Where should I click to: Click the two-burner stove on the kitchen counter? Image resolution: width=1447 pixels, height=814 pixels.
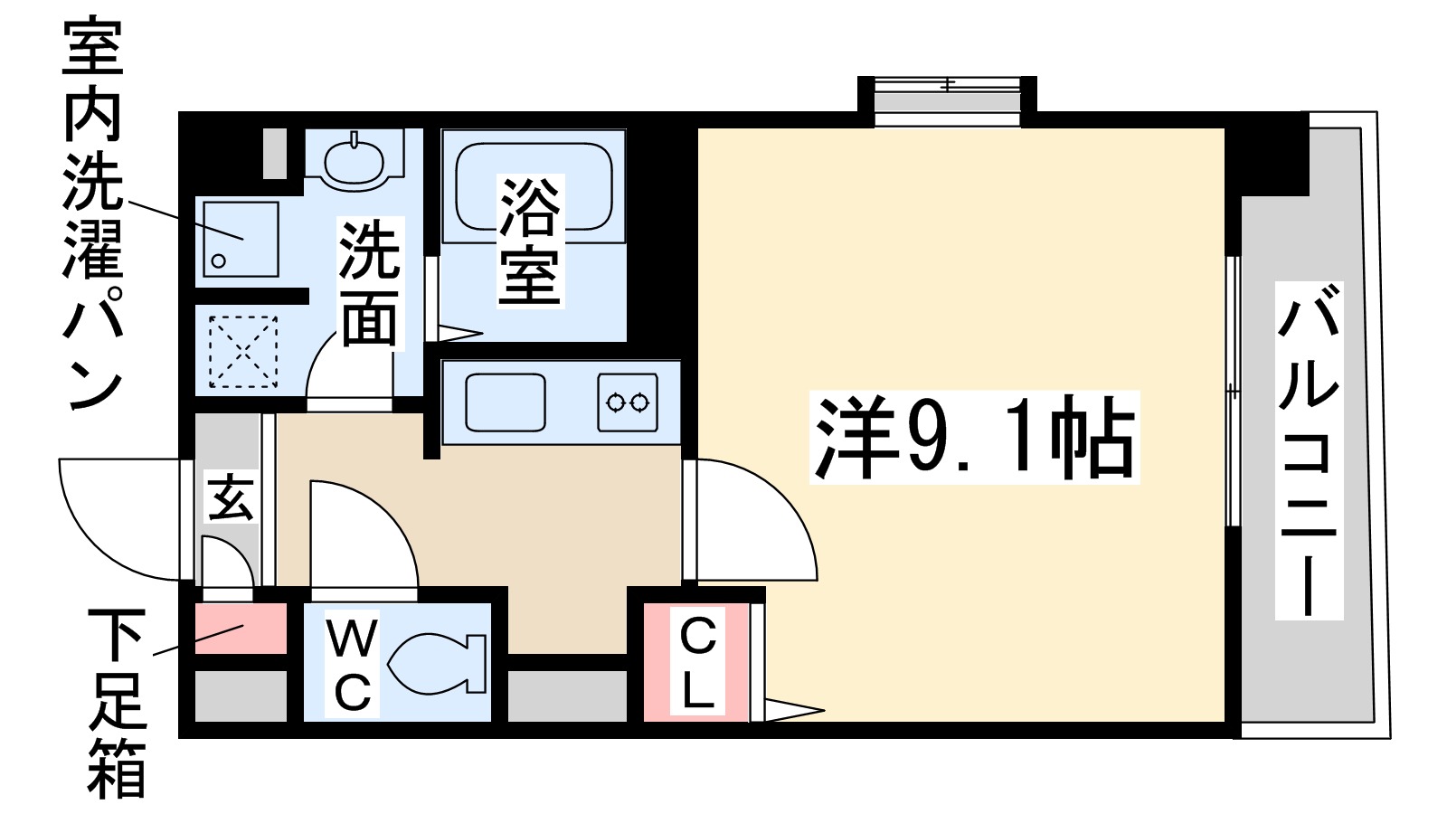pos(627,402)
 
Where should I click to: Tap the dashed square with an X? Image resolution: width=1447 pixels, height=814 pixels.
pos(242,351)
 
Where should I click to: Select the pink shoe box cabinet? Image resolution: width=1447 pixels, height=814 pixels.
pos(241,628)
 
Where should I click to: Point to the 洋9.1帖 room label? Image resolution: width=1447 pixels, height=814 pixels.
pos(974,437)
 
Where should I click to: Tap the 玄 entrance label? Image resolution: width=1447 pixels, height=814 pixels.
pos(230,497)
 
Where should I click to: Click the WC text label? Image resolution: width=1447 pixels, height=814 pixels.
pos(353,665)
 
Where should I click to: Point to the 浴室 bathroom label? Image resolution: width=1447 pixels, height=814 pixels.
pos(531,240)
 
